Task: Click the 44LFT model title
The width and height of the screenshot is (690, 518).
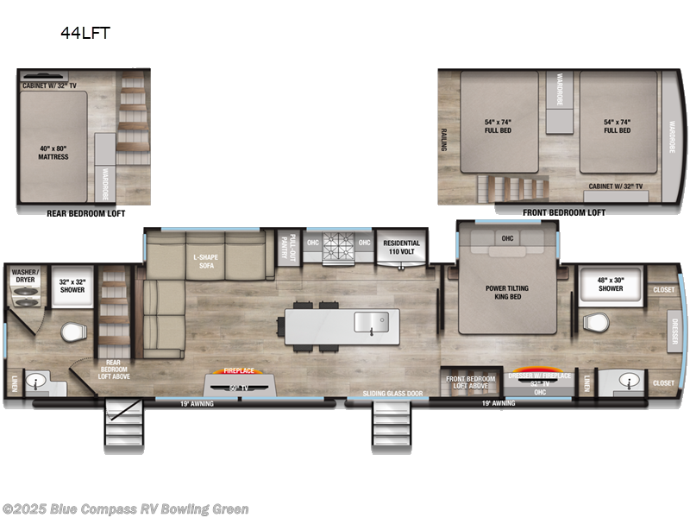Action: [x=85, y=35]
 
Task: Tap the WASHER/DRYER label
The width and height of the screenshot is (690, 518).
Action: [x=24, y=276]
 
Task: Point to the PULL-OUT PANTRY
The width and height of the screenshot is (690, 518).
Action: [x=293, y=246]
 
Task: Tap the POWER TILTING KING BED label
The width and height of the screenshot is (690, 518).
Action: [x=506, y=293]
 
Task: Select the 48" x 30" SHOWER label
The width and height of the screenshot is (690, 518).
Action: [x=612, y=284]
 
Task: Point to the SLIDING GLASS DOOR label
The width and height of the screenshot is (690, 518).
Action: [x=392, y=394]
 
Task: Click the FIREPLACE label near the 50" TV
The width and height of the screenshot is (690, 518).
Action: [x=239, y=370]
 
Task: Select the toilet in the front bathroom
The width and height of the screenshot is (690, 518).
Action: [x=596, y=323]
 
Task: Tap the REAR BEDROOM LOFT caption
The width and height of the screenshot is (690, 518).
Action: [x=82, y=212]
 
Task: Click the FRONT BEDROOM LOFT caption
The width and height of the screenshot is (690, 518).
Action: [x=564, y=212]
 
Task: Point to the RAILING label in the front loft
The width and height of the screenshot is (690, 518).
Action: [x=445, y=137]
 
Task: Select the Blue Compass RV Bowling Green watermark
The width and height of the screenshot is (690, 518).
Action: [x=126, y=509]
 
